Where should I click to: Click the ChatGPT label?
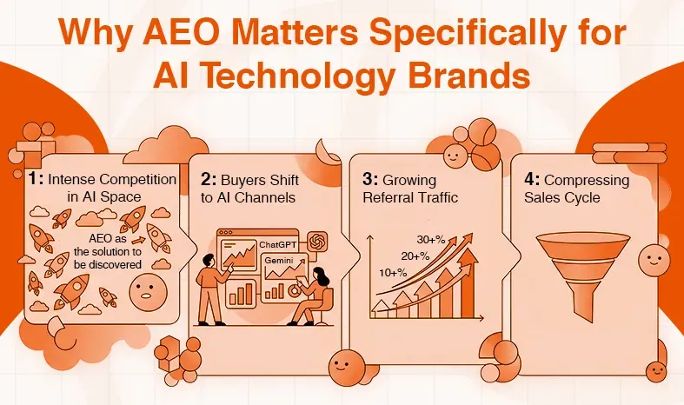tap(276, 244)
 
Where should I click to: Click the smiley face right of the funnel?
tap(651, 258)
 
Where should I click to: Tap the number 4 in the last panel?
tap(530, 179)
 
